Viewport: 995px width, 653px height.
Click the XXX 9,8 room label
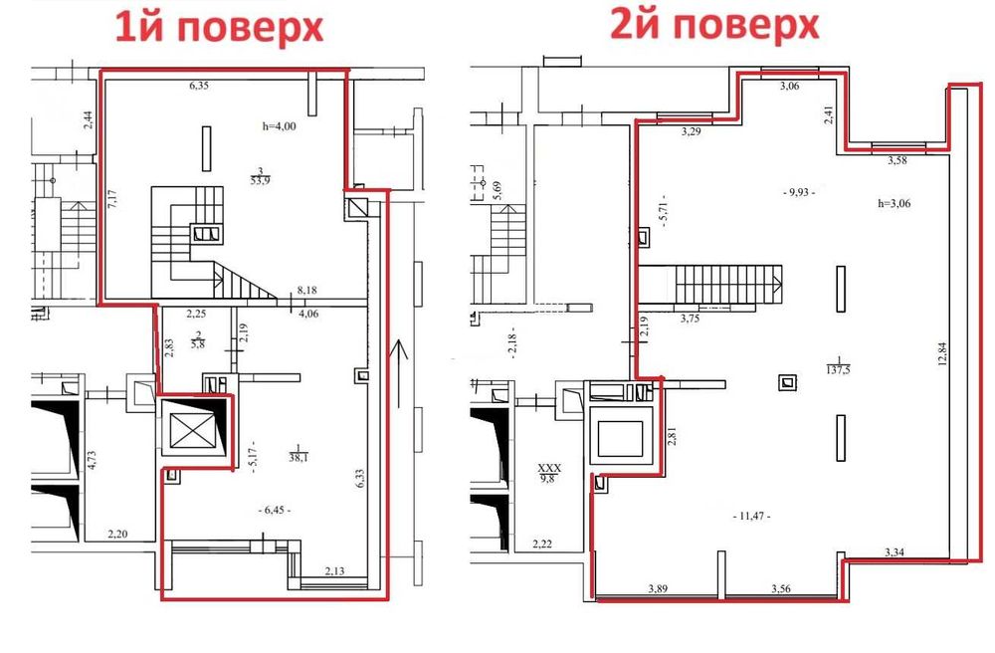550,470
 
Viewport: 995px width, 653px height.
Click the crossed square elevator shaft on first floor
188,432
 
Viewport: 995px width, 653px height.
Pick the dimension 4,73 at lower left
92,459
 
